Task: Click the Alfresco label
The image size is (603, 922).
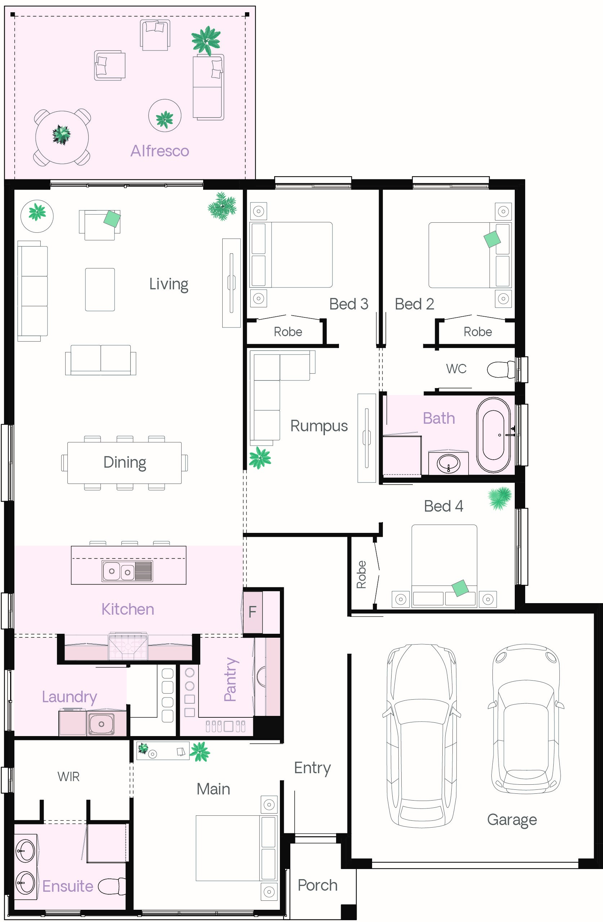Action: tap(160, 151)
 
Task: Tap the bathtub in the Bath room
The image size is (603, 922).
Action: tap(493, 435)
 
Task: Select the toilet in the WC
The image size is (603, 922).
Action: tap(500, 369)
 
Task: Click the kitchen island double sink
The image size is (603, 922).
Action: tap(127, 571)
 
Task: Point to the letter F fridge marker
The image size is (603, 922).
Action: tap(252, 612)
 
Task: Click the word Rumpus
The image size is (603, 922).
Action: tap(319, 426)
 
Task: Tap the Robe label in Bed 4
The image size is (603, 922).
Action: tap(361, 575)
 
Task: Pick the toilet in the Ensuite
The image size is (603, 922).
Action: tap(111, 886)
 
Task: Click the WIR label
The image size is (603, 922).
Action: tap(68, 776)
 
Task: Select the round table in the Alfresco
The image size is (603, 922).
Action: tap(62, 137)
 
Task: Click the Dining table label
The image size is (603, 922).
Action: tap(125, 462)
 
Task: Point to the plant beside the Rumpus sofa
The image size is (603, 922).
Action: tap(260, 458)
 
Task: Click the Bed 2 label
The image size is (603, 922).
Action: tap(414, 304)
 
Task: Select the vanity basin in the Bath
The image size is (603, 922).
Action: tap(448, 463)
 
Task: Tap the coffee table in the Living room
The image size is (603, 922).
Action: tap(100, 289)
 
